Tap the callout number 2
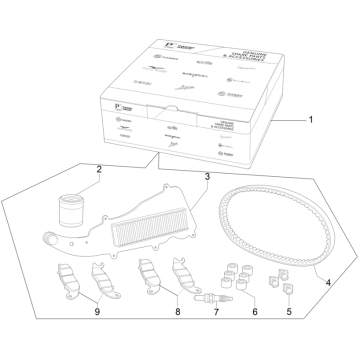[99, 170]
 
